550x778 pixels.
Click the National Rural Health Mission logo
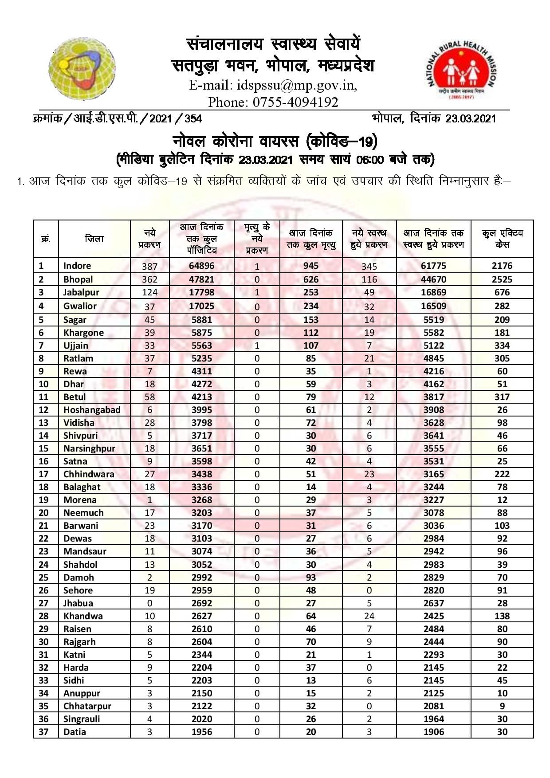[x=462, y=71]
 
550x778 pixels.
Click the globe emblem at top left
[x=82, y=69]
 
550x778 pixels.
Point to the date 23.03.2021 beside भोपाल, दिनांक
[x=471, y=118]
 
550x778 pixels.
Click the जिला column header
[x=94, y=239]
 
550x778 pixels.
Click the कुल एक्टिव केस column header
[x=502, y=239]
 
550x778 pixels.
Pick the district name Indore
[x=77, y=266]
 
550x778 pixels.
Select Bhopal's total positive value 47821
[x=202, y=279]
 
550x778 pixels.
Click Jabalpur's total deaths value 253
[x=311, y=292]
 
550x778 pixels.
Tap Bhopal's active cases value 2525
[x=502, y=279]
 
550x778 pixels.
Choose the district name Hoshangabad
[x=92, y=410]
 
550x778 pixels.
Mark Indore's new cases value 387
[x=150, y=266]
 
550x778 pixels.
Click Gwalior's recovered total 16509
[x=434, y=306]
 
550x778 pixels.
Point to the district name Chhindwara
[x=89, y=474]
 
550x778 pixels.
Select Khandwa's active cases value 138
[x=502, y=616]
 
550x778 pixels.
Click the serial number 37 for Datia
[x=43, y=732]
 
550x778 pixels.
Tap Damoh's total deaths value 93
[x=311, y=578]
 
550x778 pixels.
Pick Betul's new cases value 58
[x=150, y=397]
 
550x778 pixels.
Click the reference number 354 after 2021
[x=193, y=118]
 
